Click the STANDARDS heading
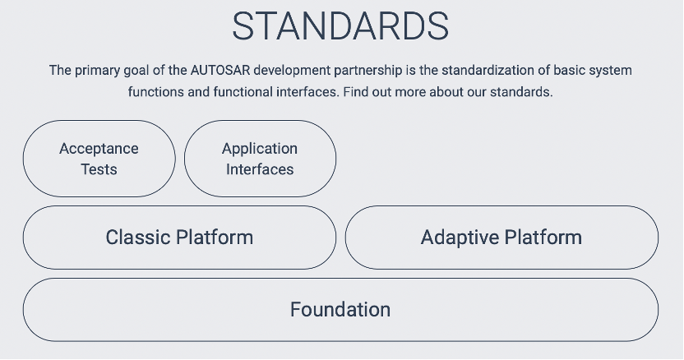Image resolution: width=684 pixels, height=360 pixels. pos(340,26)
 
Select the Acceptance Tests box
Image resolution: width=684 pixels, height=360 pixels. pos(99,159)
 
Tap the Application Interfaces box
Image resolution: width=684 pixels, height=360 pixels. pos(260,159)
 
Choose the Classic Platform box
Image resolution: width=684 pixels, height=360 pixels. pos(179,238)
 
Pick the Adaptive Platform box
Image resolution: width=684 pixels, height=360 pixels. pos(501,238)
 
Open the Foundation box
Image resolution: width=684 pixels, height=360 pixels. pos(340,310)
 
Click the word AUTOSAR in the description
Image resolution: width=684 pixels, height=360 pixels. pos(220,70)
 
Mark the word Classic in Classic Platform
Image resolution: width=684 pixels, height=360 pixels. pos(138,238)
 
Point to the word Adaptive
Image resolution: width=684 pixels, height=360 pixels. pos(460,238)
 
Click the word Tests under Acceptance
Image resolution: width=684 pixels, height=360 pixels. pos(99,169)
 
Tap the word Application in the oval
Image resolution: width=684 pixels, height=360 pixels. pos(260,150)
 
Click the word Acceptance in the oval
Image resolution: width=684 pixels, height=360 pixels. pos(99,150)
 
